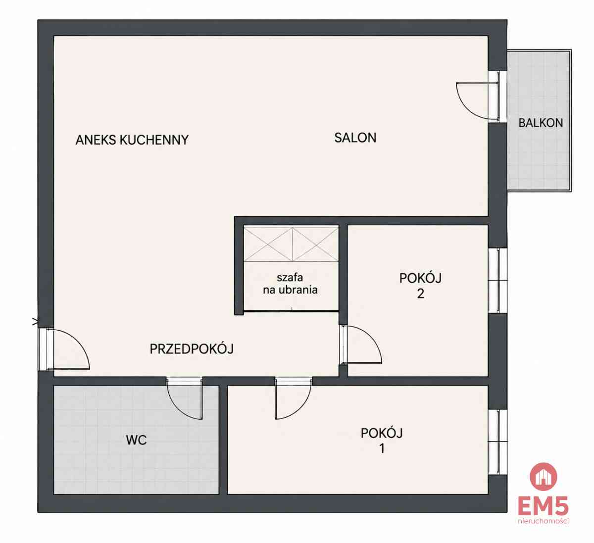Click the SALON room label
pos(355,138)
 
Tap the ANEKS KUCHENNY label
pos(132,140)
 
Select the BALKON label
pos(541,123)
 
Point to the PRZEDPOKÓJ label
pos(192,349)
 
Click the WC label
pos(136,440)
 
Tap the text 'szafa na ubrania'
pos(290,284)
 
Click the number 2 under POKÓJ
pos(420,294)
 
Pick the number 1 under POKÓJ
pos(382,448)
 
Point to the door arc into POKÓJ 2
pos(373,341)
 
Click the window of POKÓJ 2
pos(498,280)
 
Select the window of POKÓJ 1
pos(498,442)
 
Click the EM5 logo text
pos(543,506)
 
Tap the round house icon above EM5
pos(543,477)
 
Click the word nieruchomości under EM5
pos(543,521)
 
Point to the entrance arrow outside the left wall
pos(35,322)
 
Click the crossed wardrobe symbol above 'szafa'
pos(291,245)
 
